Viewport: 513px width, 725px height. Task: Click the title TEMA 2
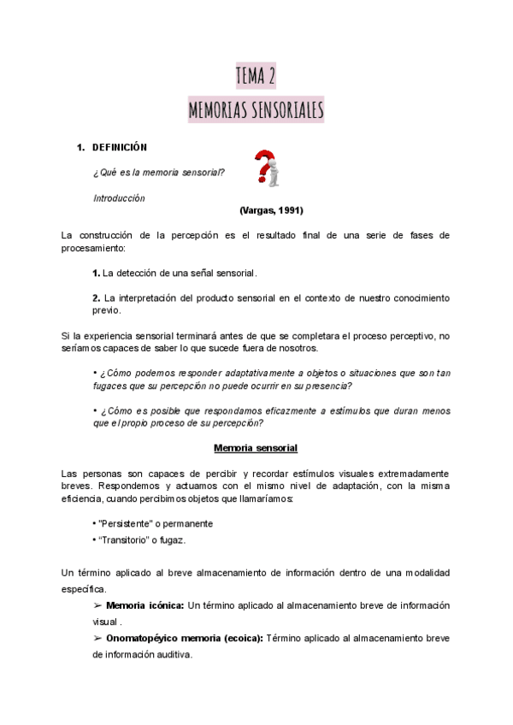coord(256,77)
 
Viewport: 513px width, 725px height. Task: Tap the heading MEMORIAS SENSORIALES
coord(256,110)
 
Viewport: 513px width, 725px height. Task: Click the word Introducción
coord(119,198)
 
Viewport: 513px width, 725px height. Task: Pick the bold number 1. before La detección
coord(97,274)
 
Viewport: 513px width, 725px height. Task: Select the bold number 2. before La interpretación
coord(97,298)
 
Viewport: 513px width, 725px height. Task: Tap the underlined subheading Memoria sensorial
coord(256,448)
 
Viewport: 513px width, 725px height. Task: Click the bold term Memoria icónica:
coord(144,605)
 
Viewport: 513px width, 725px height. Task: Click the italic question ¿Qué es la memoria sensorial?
coord(159,173)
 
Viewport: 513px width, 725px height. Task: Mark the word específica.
coord(85,588)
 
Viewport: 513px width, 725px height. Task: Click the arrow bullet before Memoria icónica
coord(97,605)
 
